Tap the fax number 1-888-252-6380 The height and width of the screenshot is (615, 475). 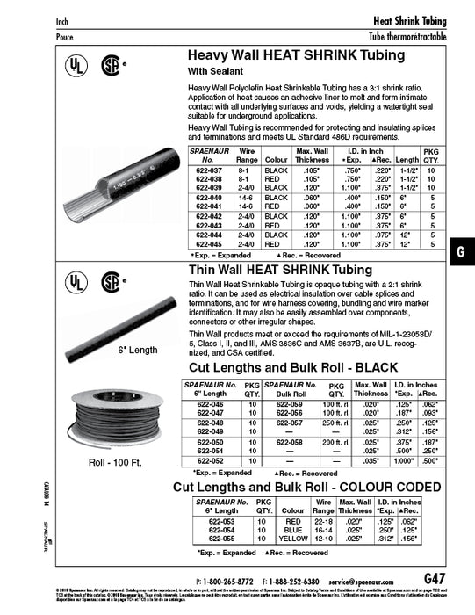pos(295,581)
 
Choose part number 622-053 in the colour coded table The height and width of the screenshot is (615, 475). pos(211,520)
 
